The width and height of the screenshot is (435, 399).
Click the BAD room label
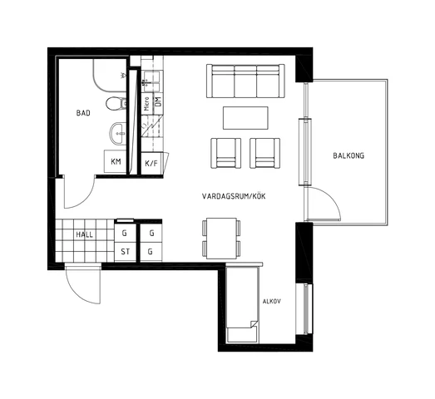(83, 113)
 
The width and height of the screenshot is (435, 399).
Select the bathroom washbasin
(118, 133)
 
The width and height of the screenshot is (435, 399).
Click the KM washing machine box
(116, 161)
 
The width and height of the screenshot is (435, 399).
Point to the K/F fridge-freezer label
(151, 163)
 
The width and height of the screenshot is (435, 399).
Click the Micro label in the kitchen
(147, 104)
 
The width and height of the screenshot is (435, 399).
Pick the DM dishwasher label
(158, 101)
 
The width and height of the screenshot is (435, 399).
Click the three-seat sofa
(245, 81)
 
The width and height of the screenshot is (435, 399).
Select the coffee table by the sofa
(245, 118)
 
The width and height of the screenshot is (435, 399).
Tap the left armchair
(226, 153)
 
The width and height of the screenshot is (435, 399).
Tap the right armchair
(265, 153)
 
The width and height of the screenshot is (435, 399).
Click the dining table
(221, 239)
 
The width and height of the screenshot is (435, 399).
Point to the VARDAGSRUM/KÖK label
(234, 196)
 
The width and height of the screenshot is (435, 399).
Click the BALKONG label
(348, 155)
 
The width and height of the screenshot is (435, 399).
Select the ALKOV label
(272, 301)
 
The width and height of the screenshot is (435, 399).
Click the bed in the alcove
(243, 305)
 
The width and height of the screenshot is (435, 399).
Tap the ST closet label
(125, 252)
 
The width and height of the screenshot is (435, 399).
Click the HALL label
(84, 235)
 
